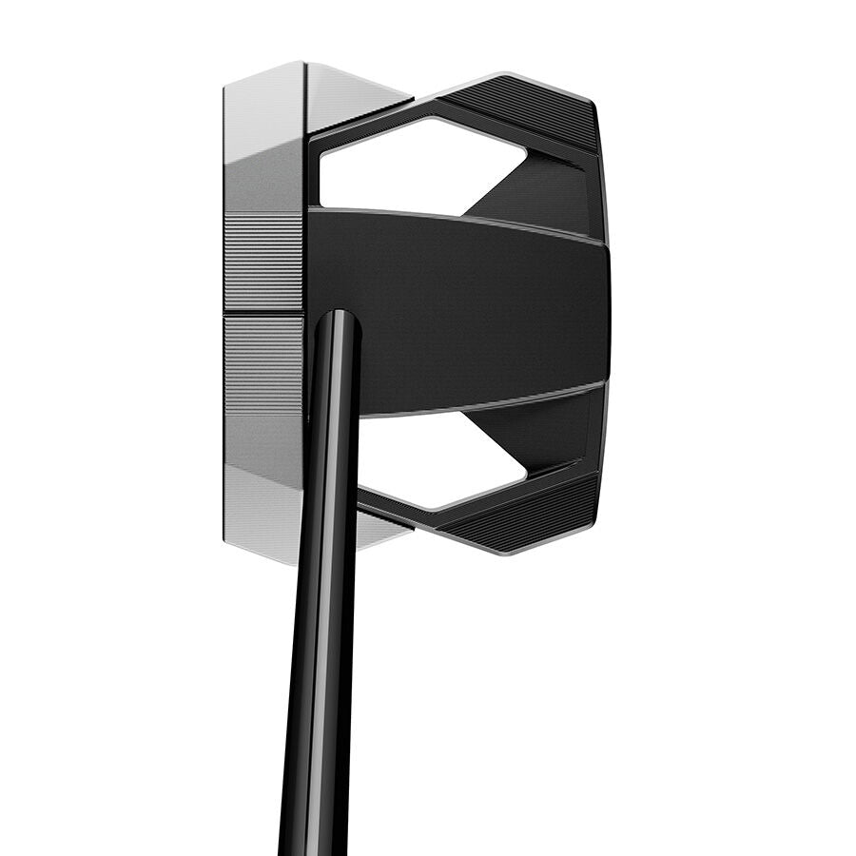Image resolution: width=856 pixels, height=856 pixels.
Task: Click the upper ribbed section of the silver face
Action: (x=263, y=262)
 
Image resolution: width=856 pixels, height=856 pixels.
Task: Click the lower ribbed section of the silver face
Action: (x=263, y=366)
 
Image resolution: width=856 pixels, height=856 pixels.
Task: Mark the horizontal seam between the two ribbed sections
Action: (x=263, y=314)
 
